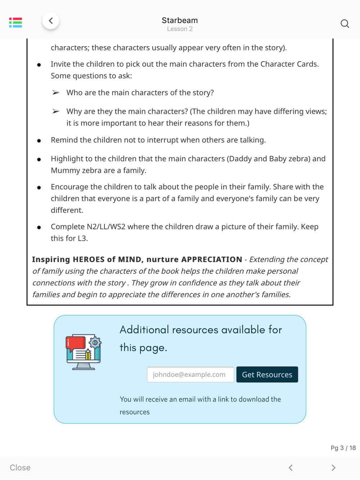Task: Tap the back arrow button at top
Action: (x=51, y=21)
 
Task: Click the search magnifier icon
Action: (x=345, y=24)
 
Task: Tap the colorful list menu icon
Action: (x=15, y=23)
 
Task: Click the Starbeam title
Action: (x=180, y=20)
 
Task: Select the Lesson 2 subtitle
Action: (x=180, y=29)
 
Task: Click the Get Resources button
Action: (x=267, y=375)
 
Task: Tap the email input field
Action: (x=190, y=375)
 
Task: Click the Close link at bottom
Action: (x=20, y=467)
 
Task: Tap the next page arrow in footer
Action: (x=333, y=467)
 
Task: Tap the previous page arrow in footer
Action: (x=291, y=467)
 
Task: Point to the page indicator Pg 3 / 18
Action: (x=343, y=448)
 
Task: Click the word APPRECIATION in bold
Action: (x=212, y=259)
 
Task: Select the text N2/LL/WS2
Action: (x=106, y=227)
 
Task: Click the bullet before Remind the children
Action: (x=39, y=141)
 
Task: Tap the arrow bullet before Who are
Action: (x=56, y=93)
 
